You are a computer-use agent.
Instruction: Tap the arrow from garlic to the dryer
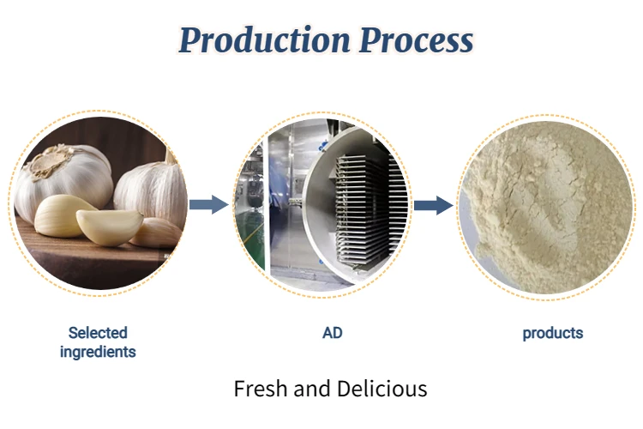click(207, 204)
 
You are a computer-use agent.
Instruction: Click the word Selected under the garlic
click(98, 332)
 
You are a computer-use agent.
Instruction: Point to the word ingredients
click(98, 351)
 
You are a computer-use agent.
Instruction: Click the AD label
click(332, 332)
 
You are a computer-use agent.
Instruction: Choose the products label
click(552, 333)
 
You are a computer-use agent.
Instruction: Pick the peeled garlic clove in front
click(109, 225)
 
